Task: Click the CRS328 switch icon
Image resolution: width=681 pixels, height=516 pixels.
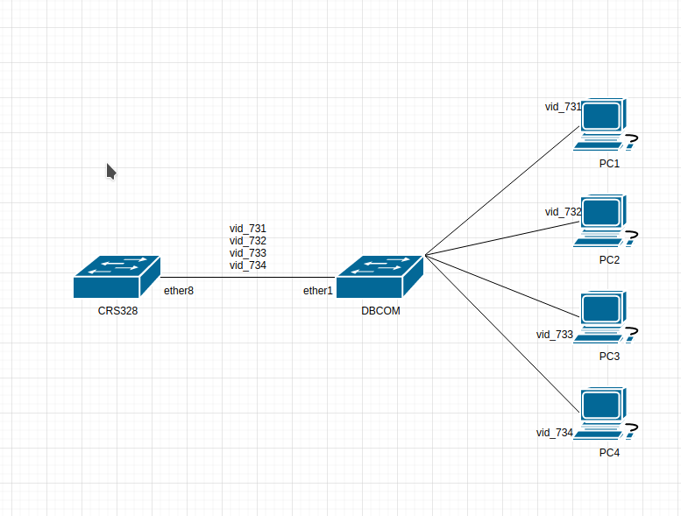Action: pos(117,277)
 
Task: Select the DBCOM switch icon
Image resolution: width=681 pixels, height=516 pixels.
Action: pos(380,277)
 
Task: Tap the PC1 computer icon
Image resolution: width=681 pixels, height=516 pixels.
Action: pos(606,124)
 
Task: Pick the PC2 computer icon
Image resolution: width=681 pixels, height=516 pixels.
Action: pos(606,221)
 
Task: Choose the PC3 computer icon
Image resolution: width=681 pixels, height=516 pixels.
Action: pos(606,317)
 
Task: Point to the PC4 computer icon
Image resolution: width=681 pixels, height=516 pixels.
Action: pos(606,414)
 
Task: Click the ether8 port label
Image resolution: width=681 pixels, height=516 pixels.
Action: pos(179,291)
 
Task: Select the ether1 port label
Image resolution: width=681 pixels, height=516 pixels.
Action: pos(318,291)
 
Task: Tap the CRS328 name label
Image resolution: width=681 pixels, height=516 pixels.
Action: pos(117,311)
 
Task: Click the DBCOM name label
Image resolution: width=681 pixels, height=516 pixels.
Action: pos(381,311)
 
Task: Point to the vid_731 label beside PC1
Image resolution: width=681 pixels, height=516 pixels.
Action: pos(563,107)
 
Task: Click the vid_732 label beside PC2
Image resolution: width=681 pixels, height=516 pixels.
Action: pos(563,212)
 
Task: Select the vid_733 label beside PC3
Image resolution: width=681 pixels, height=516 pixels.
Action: pos(555,335)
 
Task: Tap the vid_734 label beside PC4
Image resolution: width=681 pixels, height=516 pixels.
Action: pos(555,433)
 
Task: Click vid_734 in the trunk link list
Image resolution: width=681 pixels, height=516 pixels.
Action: pos(247,265)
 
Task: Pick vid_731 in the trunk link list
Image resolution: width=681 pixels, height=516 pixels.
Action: pos(247,229)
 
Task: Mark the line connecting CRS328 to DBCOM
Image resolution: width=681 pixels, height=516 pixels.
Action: pos(248,277)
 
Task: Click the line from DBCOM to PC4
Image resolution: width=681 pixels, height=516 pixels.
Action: pos(502,334)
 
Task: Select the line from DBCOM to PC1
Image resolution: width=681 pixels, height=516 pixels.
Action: pos(502,190)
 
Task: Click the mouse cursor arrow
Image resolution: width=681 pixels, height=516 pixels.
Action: pos(111,172)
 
